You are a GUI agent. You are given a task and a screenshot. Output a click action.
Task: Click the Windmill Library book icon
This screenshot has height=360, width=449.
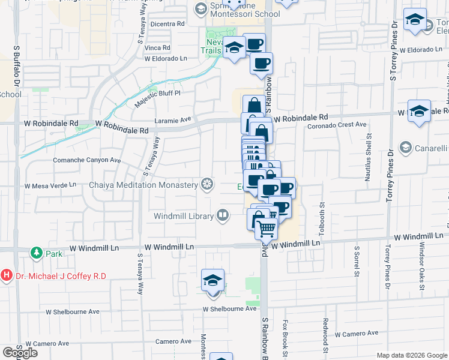pos(223,215)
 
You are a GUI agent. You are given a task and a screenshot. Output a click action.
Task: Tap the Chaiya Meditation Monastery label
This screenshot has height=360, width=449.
pos(143,185)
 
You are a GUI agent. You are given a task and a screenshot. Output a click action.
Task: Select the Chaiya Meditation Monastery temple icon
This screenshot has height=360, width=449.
pos(208,184)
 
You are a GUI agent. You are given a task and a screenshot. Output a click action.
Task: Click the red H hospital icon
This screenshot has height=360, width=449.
pos(7,276)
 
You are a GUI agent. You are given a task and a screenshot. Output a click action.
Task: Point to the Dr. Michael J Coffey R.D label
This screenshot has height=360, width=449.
pos(61,276)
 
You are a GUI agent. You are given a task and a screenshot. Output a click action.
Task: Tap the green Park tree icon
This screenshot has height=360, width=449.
pos(37,253)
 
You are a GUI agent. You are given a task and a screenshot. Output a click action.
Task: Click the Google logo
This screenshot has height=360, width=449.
pos(20,353)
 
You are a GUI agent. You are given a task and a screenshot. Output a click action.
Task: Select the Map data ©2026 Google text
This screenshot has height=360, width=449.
pos(411,355)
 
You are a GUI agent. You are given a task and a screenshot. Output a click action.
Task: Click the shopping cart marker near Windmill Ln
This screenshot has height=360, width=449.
pos(267,228)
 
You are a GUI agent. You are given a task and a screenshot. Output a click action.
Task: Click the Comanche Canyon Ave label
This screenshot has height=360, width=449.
pos(87,161)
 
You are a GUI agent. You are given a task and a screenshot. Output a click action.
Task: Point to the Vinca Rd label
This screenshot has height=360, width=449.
pos(158,47)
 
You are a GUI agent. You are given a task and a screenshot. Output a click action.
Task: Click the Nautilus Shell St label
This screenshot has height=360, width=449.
pos(368,166)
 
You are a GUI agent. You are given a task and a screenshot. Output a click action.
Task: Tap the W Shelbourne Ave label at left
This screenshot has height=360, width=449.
pos(73,312)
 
